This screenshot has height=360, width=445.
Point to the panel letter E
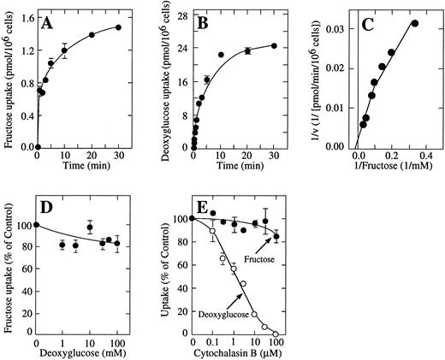204,212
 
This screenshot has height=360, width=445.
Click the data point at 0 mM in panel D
37,225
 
